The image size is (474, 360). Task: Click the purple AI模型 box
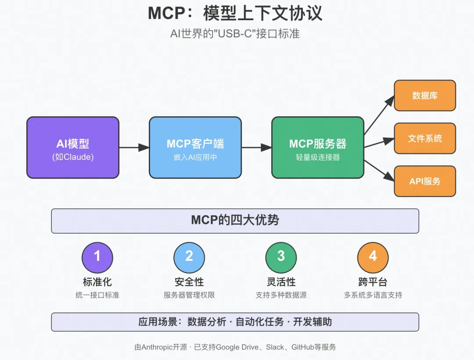[72, 148]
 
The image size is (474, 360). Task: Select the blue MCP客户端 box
[195, 148]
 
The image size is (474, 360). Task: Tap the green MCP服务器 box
[317, 148]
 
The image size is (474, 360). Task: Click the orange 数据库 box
[424, 95]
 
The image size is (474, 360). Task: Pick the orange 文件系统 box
[424, 138]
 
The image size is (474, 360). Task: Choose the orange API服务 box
[424, 181]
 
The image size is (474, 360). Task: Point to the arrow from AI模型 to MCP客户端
[134, 148]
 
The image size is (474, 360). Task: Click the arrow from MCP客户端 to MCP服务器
[256, 148]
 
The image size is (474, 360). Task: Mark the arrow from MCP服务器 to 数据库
[379, 115]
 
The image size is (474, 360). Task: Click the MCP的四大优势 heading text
[235, 220]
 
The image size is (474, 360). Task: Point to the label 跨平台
[373, 282]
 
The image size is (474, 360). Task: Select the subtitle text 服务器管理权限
[189, 295]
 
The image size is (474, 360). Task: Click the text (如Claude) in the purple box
[72, 157]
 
